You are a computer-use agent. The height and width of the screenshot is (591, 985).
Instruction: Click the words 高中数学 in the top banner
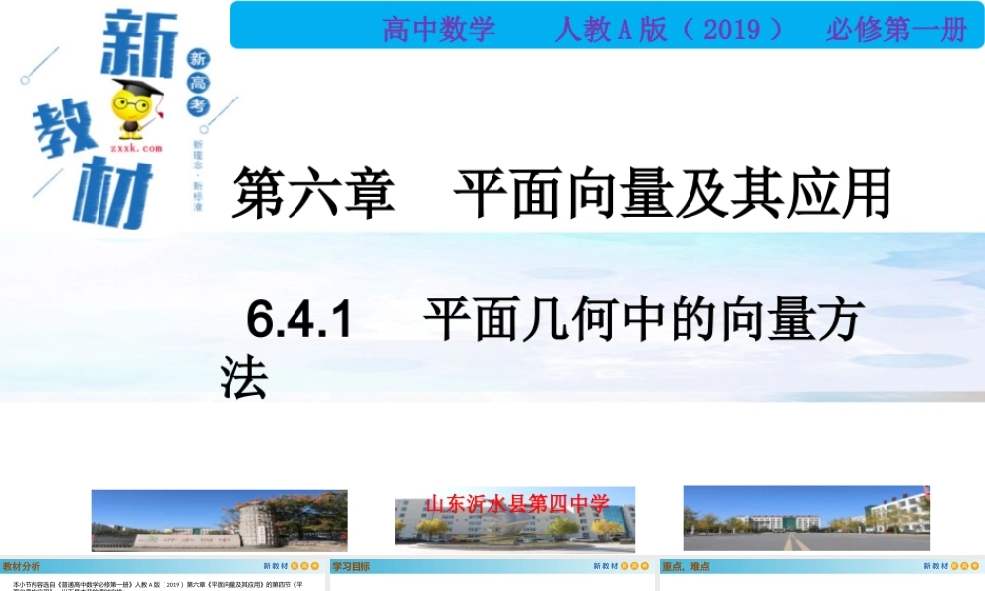pyautogui.click(x=438, y=30)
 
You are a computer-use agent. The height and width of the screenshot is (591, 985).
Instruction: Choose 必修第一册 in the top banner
pyautogui.click(x=896, y=30)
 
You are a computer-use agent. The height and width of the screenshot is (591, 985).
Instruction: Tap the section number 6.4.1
pyautogui.click(x=299, y=320)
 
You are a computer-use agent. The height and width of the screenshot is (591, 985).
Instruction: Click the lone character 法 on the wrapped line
pyautogui.click(x=244, y=377)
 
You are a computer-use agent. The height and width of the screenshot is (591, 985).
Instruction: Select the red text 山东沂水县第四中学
pyautogui.click(x=517, y=504)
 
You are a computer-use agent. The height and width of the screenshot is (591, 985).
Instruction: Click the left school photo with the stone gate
pyautogui.click(x=219, y=519)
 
